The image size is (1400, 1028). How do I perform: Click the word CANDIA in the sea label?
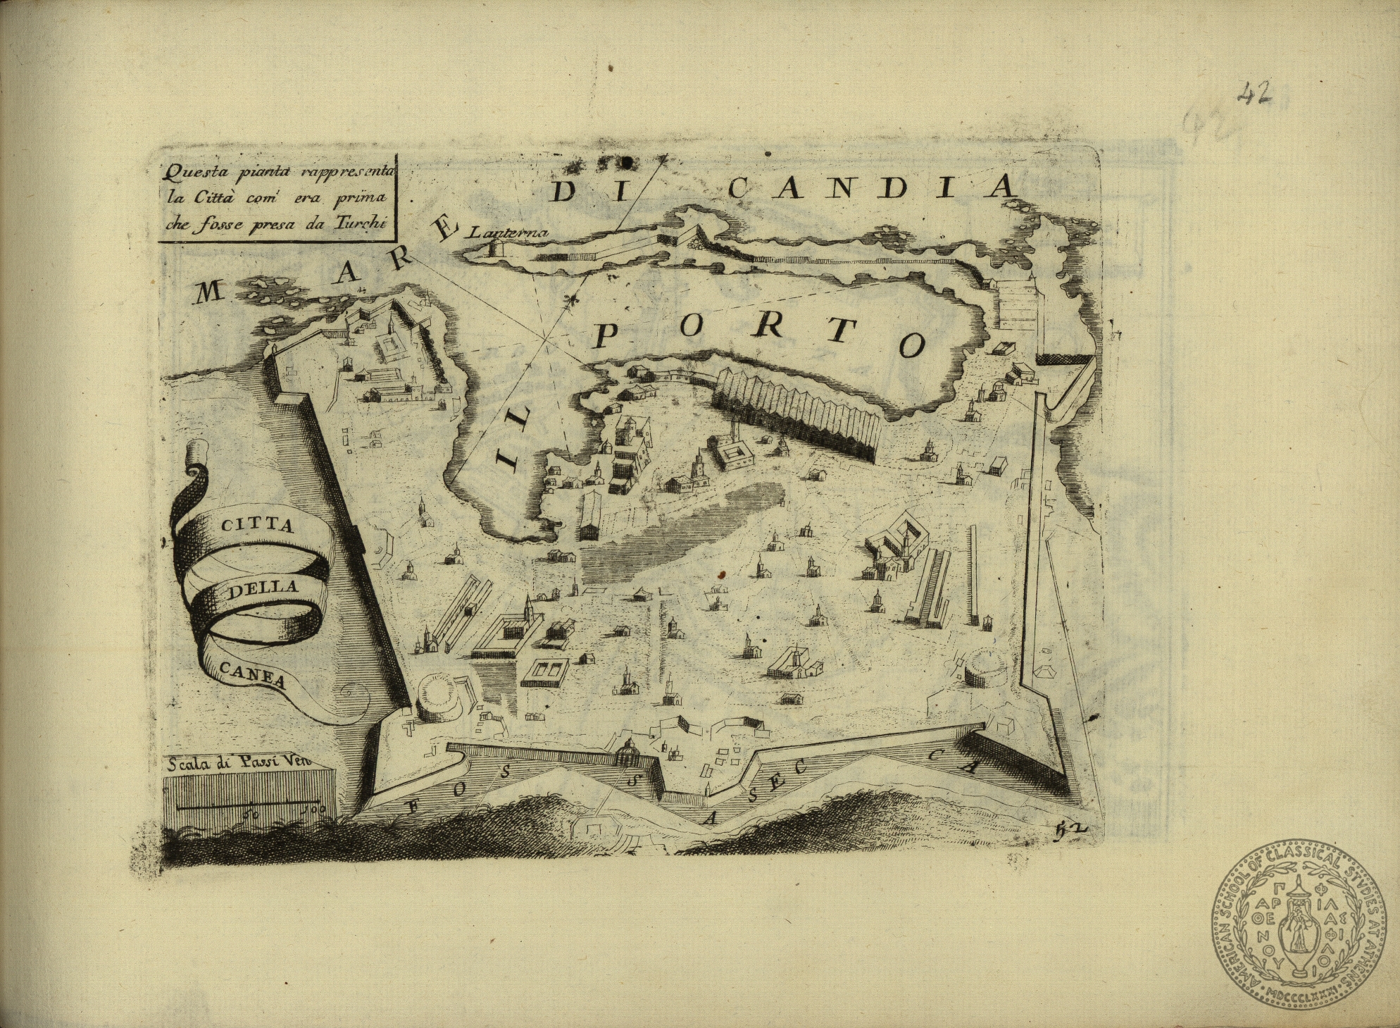(x=873, y=187)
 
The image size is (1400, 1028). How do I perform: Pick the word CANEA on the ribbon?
(x=252, y=674)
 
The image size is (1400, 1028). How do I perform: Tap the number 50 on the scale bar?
(x=251, y=812)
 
